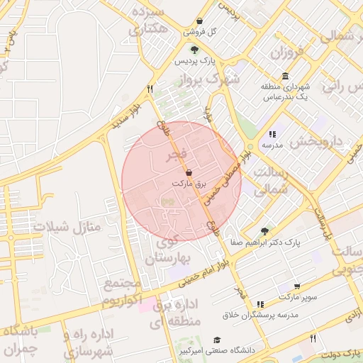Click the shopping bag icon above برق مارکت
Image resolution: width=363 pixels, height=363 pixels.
188,172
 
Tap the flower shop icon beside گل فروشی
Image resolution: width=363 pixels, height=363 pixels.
199,21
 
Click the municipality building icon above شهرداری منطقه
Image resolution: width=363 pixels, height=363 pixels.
285,77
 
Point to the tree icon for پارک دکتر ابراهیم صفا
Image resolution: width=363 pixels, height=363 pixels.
264,230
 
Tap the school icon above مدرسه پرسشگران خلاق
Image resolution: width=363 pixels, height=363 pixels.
260,303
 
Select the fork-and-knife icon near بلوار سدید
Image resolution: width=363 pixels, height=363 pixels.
149,89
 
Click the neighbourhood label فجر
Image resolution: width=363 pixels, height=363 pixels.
176,155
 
